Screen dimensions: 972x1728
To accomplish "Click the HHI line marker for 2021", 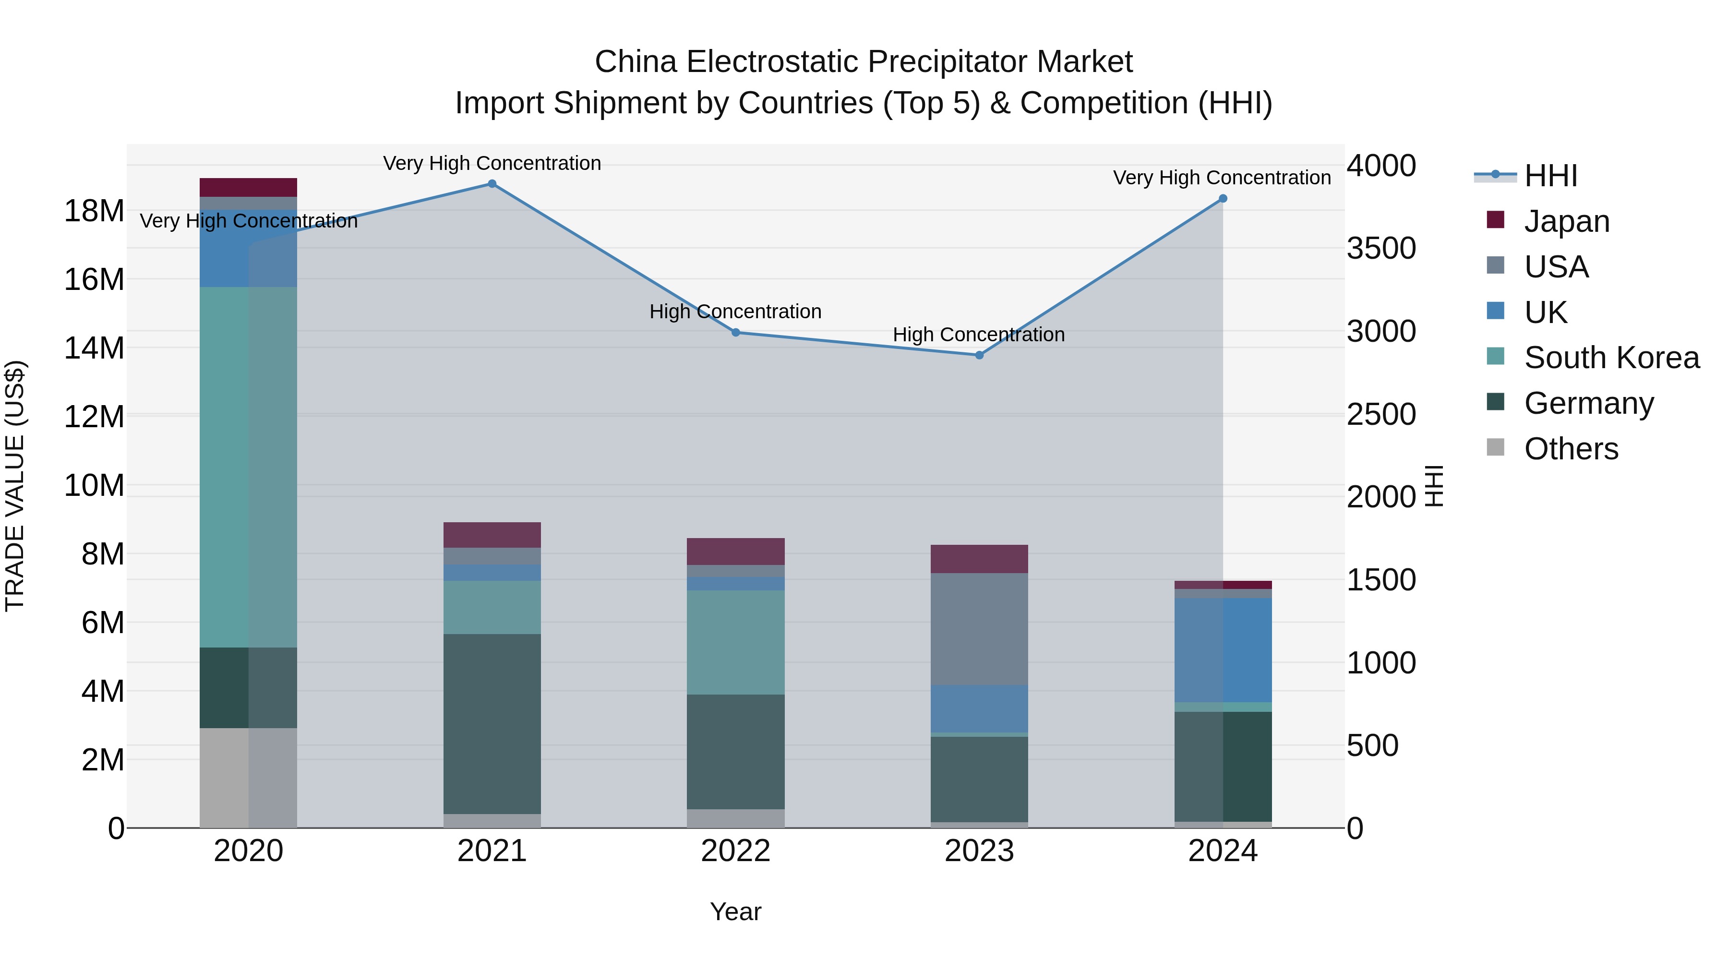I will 492,184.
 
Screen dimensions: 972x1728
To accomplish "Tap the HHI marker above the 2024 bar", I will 1222,199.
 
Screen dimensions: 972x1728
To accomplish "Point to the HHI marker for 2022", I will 735,332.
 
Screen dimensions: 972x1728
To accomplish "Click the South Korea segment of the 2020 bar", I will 248,467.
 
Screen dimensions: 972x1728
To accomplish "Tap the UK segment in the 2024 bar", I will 1222,649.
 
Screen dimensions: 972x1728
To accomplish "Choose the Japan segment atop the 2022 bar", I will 735,552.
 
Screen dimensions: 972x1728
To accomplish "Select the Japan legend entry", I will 1566,221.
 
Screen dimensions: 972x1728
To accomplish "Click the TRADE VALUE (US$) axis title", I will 15,486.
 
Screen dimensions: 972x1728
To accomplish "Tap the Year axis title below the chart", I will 735,912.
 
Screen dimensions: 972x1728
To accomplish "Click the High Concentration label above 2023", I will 978,334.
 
